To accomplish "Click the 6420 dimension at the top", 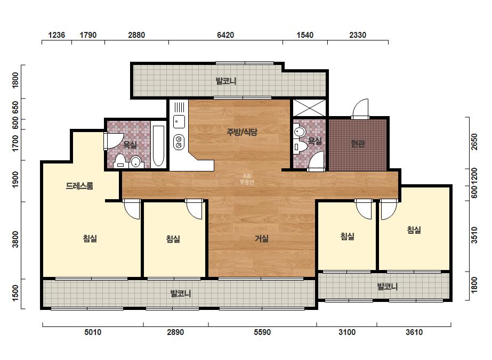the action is (x=225, y=35).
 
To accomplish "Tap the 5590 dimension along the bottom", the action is (x=262, y=332).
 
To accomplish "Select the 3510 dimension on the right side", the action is (x=474, y=235).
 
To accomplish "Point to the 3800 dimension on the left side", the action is (x=15, y=239).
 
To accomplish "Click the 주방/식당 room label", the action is (x=242, y=132).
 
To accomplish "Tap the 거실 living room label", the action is (x=261, y=239).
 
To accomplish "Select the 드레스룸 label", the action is (x=79, y=186).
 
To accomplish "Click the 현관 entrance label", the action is (x=358, y=144).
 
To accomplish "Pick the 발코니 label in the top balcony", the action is (x=226, y=81).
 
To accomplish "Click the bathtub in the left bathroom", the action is (x=158, y=146).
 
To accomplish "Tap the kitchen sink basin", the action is (x=179, y=121).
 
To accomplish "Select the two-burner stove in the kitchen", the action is (x=179, y=142).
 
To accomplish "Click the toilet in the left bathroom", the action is (x=120, y=161).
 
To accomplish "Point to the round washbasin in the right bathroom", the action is (x=299, y=132).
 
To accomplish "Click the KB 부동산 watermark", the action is (x=247, y=179).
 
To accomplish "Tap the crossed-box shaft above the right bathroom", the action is (x=309, y=108).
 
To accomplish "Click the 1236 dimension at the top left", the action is (x=57, y=35).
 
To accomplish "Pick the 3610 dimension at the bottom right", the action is (x=414, y=332).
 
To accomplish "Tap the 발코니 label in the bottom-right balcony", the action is (x=387, y=287).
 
